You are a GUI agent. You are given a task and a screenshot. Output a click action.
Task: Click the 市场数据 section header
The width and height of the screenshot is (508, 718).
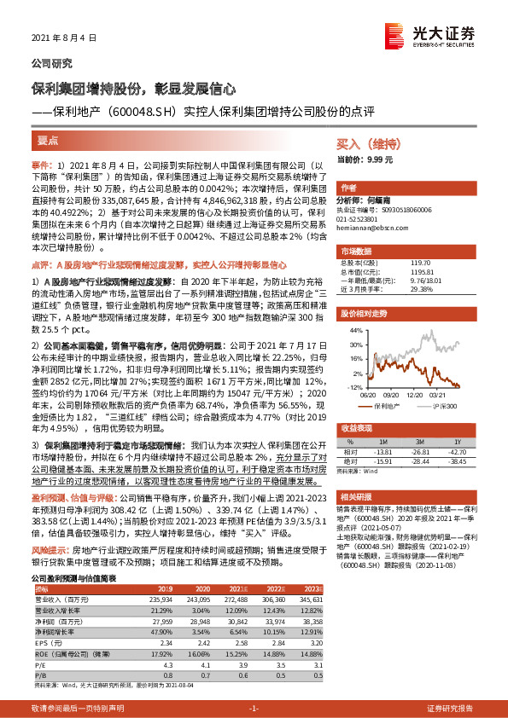[358, 251]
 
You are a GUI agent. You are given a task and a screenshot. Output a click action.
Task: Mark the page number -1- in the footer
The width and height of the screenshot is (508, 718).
[253, 709]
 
